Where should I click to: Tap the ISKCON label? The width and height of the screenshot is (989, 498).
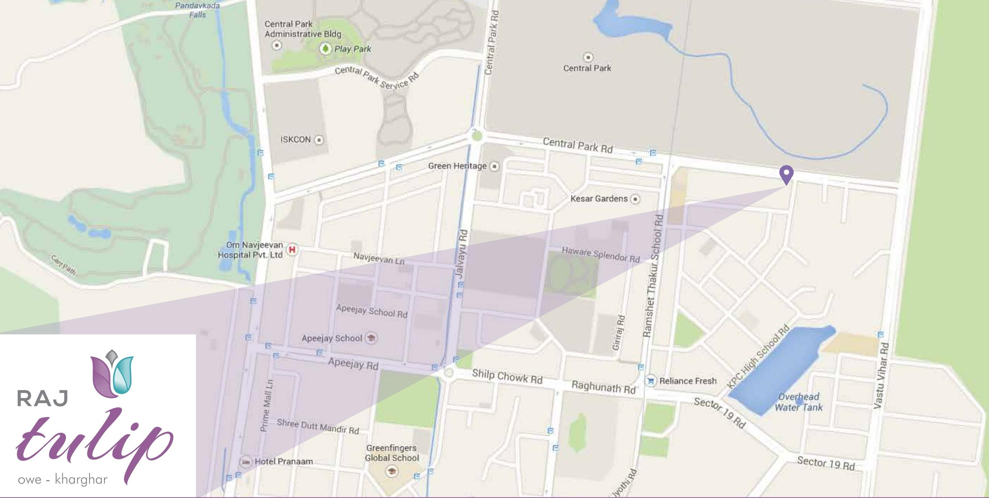(x=295, y=139)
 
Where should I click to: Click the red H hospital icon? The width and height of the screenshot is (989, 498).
(x=292, y=250)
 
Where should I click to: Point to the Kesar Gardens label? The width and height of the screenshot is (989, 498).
(x=599, y=199)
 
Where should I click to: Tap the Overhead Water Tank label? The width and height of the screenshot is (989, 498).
(x=799, y=402)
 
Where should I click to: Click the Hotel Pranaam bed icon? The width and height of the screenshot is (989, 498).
(x=245, y=462)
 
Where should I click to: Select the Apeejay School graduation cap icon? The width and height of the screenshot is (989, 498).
(x=371, y=338)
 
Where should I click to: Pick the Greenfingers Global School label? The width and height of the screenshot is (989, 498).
(x=392, y=453)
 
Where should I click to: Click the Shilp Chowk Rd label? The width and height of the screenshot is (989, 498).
(x=507, y=377)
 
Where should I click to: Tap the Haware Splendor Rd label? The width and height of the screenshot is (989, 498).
(x=601, y=255)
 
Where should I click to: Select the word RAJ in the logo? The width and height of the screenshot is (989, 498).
(x=42, y=398)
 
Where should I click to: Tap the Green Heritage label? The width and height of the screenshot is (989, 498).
(x=457, y=166)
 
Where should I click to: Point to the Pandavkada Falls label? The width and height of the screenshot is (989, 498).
(x=197, y=10)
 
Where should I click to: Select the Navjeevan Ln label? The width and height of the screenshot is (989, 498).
(x=378, y=258)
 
